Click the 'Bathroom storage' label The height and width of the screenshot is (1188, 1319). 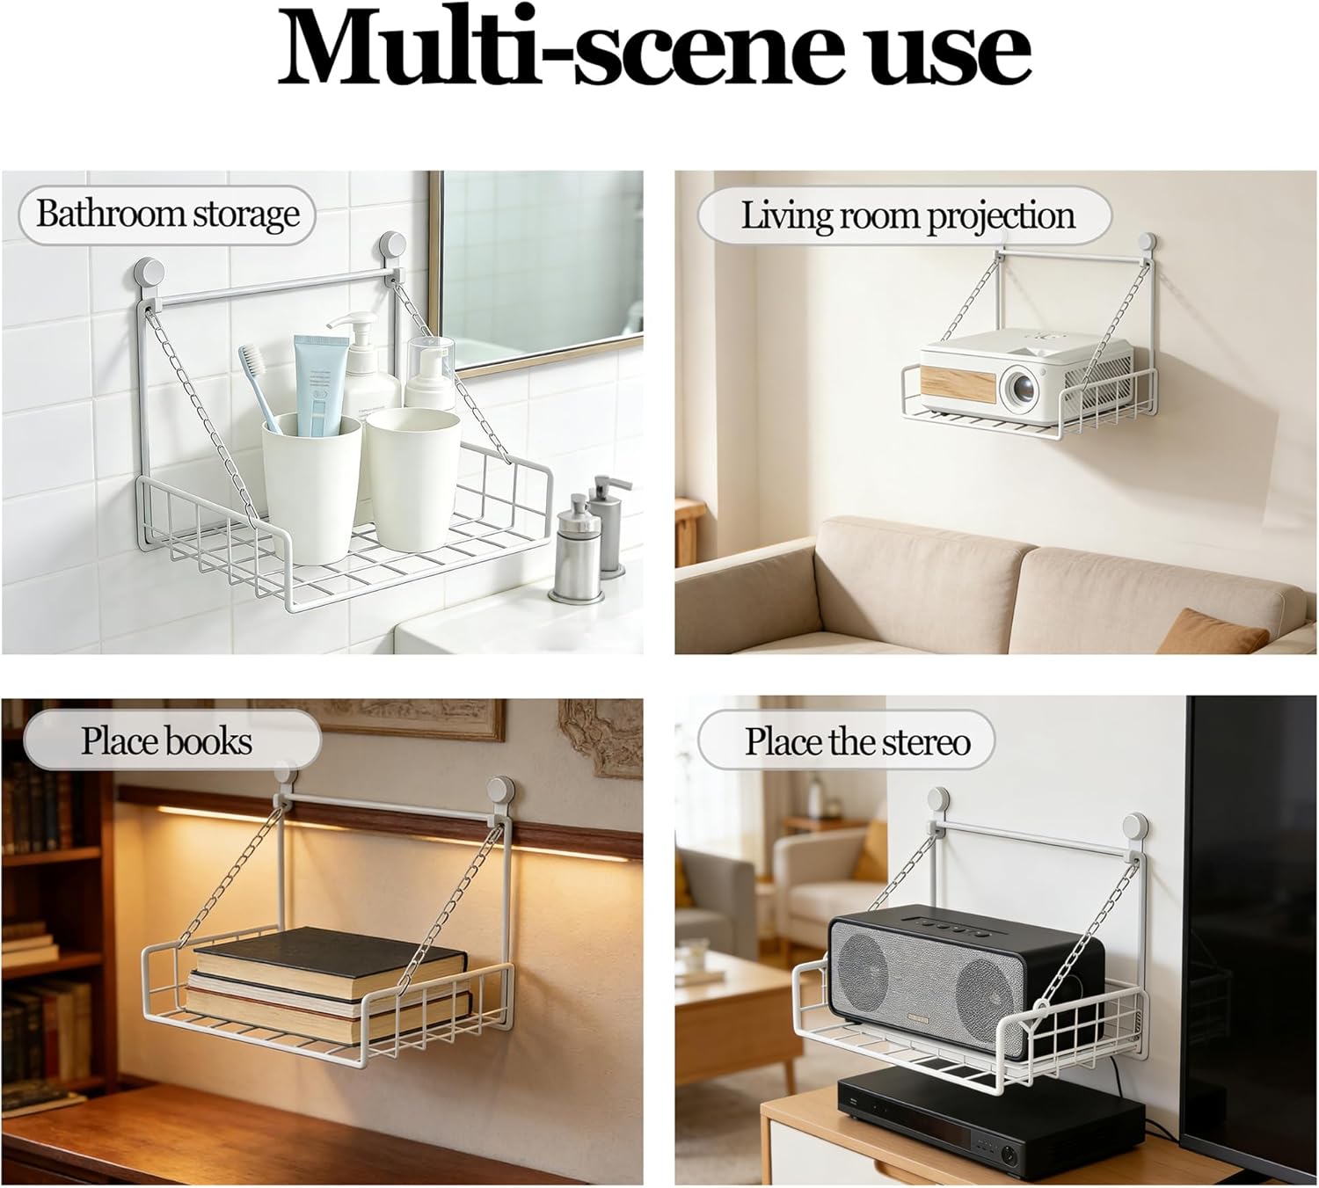tap(167, 215)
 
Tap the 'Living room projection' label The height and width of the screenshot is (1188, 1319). tap(907, 216)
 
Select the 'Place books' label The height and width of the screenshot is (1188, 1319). tap(167, 740)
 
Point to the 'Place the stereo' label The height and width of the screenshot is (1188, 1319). tap(857, 741)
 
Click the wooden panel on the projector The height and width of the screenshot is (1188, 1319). tap(960, 386)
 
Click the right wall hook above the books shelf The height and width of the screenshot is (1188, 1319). tap(501, 788)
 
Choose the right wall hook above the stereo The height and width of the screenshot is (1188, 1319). tap(1136, 827)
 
